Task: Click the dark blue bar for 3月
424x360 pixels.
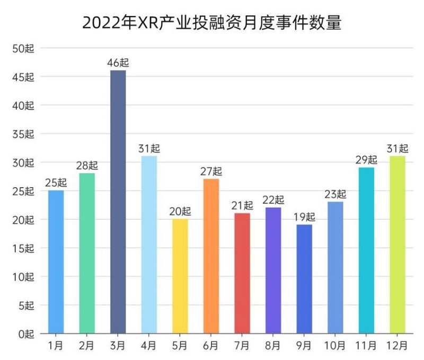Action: [118, 201]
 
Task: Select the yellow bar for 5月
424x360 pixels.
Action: [180, 276]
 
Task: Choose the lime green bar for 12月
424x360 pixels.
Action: [397, 244]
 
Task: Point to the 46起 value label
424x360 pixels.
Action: [118, 63]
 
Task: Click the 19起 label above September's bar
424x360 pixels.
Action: [304, 217]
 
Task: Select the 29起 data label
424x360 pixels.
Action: [366, 160]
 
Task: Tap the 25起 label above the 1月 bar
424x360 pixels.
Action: [56, 183]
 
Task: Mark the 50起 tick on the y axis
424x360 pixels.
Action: [23, 49]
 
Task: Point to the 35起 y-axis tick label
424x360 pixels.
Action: [23, 134]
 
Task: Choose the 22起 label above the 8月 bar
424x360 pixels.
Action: [273, 200]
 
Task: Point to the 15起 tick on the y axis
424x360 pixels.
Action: [23, 248]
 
